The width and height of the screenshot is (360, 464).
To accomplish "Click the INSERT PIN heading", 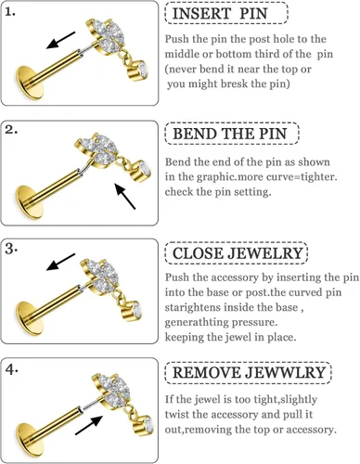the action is point(220,14).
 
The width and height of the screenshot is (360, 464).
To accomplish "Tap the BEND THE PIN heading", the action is point(230,134).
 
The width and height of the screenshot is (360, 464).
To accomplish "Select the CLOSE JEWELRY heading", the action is point(238,253).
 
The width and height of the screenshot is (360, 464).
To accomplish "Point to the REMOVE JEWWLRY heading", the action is point(249,372).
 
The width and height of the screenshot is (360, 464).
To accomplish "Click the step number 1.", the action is point(10,12).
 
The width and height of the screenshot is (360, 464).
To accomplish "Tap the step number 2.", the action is point(11,130).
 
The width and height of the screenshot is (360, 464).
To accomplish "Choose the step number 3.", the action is point(11,249).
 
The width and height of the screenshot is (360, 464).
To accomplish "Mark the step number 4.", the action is point(11,369).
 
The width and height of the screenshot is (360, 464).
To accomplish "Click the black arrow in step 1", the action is point(60,40).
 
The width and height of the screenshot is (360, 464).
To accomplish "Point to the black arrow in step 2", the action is point(125,196).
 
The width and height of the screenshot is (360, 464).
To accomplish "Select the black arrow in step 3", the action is point(60,262).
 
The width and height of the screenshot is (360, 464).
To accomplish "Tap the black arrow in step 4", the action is point(89,425).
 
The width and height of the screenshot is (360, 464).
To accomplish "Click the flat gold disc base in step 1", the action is point(30,83).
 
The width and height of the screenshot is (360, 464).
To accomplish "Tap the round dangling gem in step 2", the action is point(142,172).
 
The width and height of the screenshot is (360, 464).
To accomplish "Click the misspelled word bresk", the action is point(236,84).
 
